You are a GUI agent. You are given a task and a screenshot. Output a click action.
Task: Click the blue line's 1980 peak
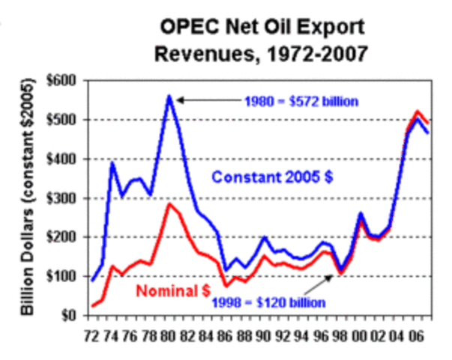(170, 96)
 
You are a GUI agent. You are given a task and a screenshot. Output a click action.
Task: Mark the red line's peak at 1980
(170, 204)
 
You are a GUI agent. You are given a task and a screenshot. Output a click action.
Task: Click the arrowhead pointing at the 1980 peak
(181, 97)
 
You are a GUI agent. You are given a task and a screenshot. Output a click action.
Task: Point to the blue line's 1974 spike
(112, 163)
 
